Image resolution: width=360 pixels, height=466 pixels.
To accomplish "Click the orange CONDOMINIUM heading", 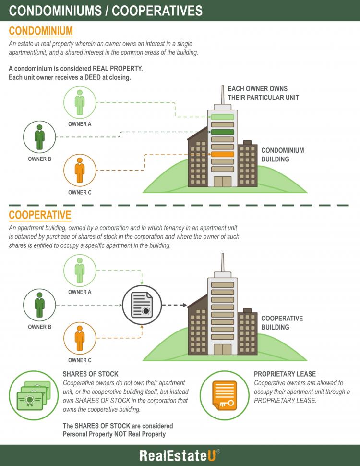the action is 41,31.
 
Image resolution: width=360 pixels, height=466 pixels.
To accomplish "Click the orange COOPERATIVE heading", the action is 40,215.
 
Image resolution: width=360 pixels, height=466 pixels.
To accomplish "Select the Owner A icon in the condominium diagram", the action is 80,102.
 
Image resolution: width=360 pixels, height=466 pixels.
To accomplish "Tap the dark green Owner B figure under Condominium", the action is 39,137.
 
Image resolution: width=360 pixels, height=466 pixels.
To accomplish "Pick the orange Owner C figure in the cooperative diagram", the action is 80,338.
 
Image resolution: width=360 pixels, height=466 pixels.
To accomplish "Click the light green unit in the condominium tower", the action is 222,117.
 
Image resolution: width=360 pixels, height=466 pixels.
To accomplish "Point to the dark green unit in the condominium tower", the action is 222,132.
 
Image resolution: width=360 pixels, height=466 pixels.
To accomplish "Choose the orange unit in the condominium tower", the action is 222,154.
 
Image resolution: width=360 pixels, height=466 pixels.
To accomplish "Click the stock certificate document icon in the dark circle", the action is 142,305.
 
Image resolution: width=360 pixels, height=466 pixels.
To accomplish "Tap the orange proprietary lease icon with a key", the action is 225,395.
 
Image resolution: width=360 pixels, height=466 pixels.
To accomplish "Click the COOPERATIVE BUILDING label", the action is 282,323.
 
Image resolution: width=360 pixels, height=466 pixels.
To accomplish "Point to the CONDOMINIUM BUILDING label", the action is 282,155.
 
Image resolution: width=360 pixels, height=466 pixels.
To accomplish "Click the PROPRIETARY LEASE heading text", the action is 285,374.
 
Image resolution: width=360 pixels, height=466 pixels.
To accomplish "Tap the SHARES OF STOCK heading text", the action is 91,374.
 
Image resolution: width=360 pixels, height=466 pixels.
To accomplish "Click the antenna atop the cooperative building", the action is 222,262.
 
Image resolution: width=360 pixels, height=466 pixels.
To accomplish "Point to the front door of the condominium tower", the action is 222,181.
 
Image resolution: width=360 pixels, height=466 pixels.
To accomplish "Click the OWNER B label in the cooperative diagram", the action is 39,327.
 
